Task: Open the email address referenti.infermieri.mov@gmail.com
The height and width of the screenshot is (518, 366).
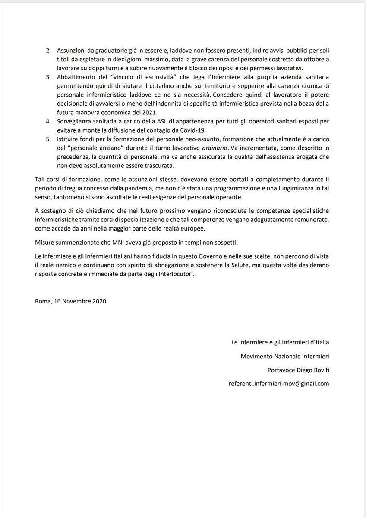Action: tap(279, 383)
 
